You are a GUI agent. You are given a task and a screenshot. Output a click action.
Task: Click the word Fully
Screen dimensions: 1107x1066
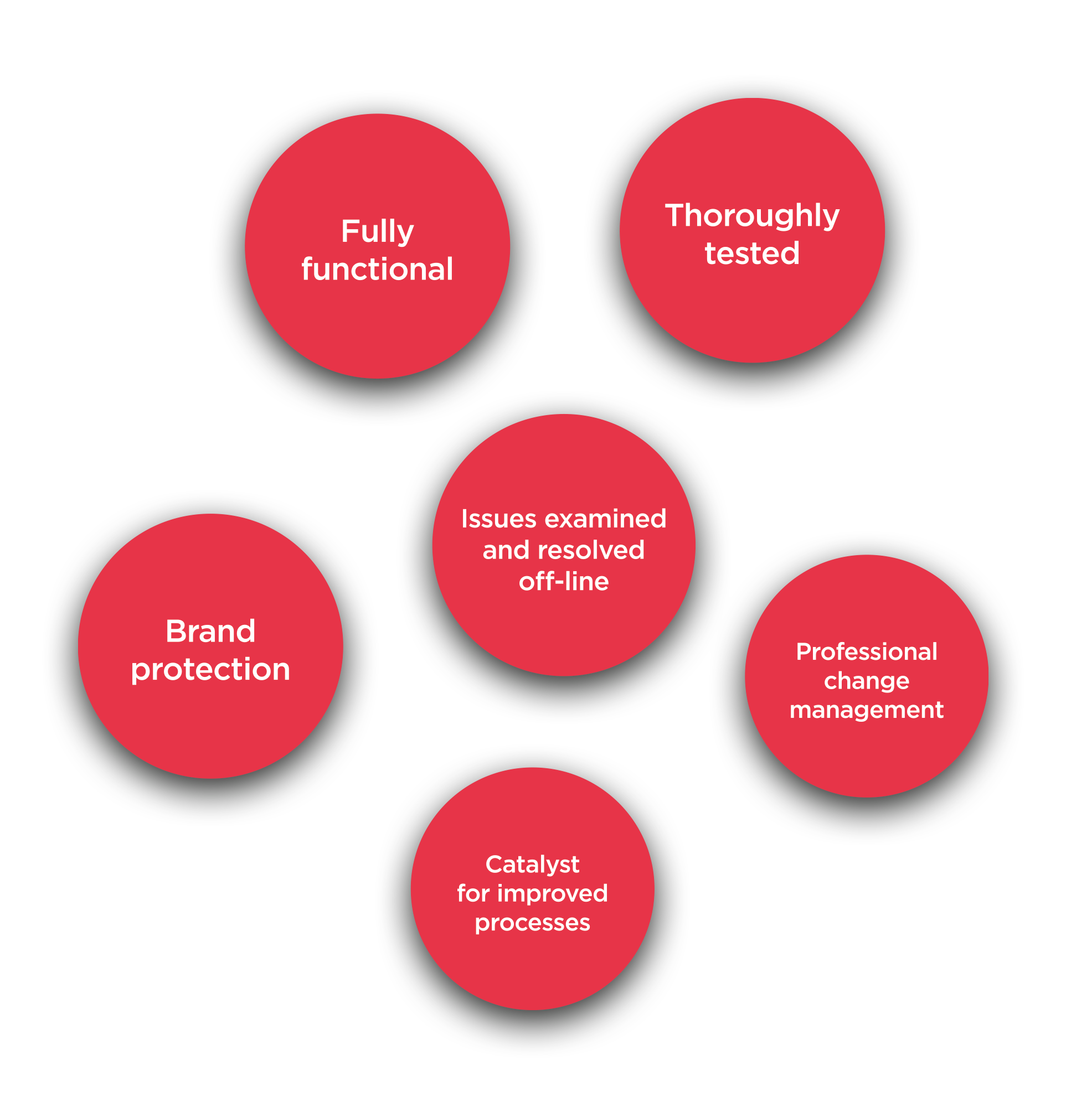point(377,231)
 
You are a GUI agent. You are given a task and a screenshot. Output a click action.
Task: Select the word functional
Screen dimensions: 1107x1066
point(377,269)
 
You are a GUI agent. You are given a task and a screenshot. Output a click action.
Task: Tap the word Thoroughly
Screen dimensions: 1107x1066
point(752,216)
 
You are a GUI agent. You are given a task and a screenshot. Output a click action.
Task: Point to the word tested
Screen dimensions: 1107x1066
point(752,253)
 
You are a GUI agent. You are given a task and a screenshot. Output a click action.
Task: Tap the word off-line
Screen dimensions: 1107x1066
point(563,582)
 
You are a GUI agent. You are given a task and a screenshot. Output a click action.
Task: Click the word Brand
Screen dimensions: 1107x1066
point(210,631)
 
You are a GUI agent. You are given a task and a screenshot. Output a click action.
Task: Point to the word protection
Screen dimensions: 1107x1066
point(210,669)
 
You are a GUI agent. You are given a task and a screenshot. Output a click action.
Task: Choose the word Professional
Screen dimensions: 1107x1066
point(867,652)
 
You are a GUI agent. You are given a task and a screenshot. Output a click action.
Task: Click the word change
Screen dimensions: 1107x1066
point(867,681)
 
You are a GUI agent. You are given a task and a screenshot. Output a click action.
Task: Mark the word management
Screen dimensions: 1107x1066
point(867,710)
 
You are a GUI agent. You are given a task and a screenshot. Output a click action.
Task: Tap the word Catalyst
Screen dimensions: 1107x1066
point(532,865)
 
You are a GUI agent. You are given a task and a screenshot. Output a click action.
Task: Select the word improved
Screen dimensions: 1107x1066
point(553,893)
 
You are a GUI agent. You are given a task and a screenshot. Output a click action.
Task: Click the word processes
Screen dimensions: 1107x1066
point(532,923)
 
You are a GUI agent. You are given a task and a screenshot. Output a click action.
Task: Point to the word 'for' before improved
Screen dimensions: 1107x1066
point(473,893)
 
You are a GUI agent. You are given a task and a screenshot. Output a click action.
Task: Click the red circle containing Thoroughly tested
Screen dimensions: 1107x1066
point(752,316)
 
